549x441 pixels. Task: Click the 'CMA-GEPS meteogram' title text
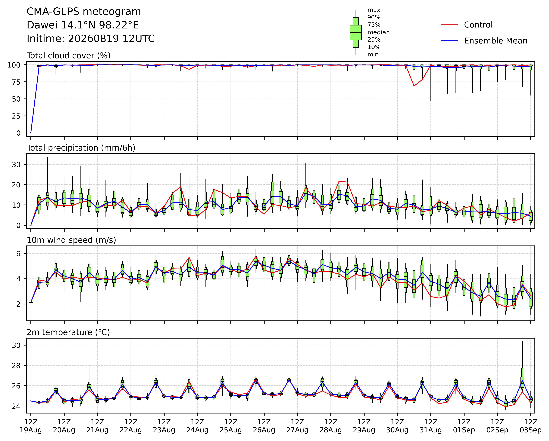tap(84, 12)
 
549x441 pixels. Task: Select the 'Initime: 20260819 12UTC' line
tap(91, 39)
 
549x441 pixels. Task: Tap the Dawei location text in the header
tap(83, 25)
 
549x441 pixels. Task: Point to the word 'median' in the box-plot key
tap(378, 32)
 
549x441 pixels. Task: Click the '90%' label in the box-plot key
tap(374, 18)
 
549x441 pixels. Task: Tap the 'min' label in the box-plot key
tap(373, 54)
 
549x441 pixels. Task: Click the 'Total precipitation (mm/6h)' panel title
tap(81, 148)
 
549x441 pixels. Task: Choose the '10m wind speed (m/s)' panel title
tap(71, 240)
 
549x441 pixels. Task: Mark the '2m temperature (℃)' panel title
tap(68, 332)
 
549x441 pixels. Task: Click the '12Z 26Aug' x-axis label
tap(264, 426)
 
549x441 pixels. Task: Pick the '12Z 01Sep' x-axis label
tap(464, 426)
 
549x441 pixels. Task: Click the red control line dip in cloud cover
tap(414, 86)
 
